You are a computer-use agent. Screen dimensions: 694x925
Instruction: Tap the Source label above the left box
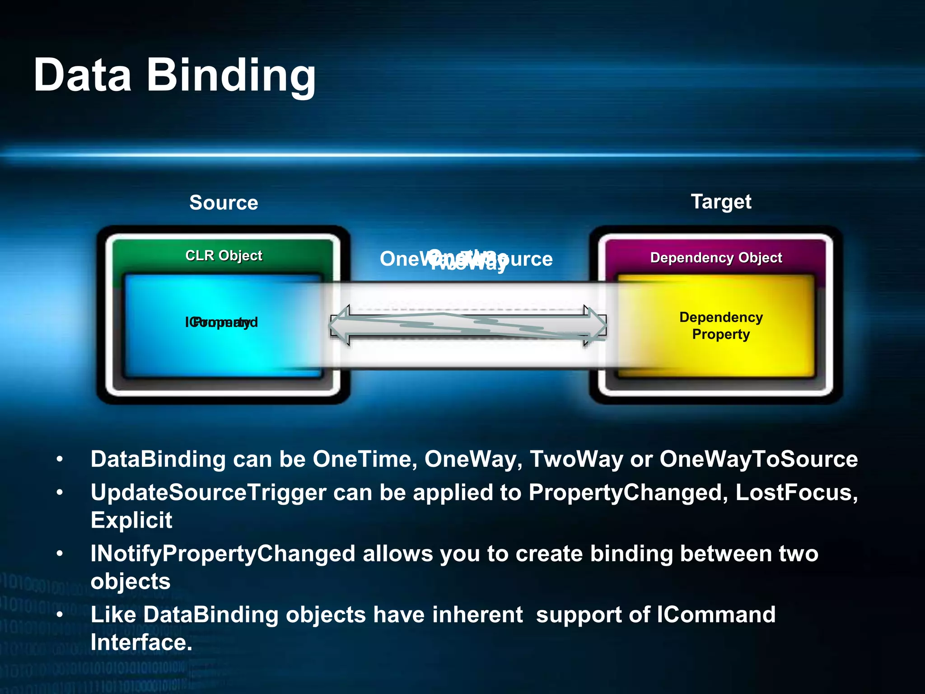224,202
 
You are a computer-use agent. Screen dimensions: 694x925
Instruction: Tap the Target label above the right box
721,202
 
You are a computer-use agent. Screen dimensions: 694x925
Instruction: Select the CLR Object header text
224,256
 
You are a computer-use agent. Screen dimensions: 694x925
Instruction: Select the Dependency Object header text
716,258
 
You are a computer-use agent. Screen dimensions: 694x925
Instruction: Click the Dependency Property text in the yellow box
721,326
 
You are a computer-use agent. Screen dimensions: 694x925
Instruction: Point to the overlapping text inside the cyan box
221,322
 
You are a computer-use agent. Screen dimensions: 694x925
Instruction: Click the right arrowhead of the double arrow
596,325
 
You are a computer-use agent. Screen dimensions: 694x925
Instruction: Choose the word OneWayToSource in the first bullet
758,459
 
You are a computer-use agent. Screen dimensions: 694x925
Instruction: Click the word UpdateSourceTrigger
208,492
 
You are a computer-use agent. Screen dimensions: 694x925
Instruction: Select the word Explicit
131,520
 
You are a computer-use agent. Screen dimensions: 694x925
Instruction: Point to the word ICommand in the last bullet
716,614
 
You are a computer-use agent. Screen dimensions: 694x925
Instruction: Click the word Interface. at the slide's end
141,642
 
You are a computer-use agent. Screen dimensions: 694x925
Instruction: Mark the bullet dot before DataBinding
60,460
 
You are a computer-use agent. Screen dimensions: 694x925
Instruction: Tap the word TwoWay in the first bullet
576,459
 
